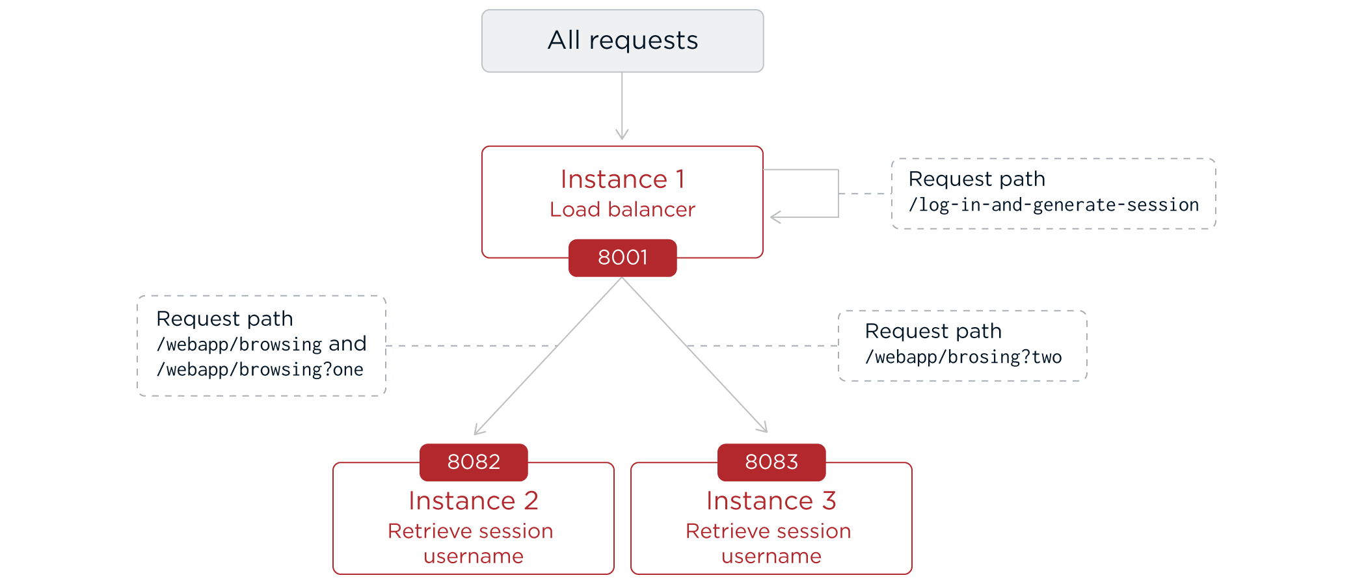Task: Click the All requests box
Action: [x=623, y=40]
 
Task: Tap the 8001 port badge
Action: [x=623, y=258]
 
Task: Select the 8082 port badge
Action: [x=474, y=462]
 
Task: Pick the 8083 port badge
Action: [x=771, y=462]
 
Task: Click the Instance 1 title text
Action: [x=623, y=179]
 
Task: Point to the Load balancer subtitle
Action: [x=623, y=209]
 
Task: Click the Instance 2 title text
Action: [x=474, y=501]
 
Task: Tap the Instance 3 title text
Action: [x=771, y=501]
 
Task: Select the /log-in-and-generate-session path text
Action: [x=1053, y=206]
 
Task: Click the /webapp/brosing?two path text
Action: [x=963, y=357]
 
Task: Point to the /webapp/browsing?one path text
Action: [x=260, y=369]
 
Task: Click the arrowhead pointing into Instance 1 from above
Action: [x=622, y=135]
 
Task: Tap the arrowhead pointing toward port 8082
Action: [x=478, y=431]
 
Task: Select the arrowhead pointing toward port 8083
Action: [x=764, y=428]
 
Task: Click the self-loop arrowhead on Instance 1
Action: [x=774, y=217]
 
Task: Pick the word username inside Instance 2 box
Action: [x=474, y=557]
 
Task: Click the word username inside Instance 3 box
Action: [x=771, y=557]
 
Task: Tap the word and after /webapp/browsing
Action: [x=347, y=343]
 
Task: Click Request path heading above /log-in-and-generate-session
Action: [x=976, y=179]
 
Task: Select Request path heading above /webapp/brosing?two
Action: [x=933, y=331]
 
